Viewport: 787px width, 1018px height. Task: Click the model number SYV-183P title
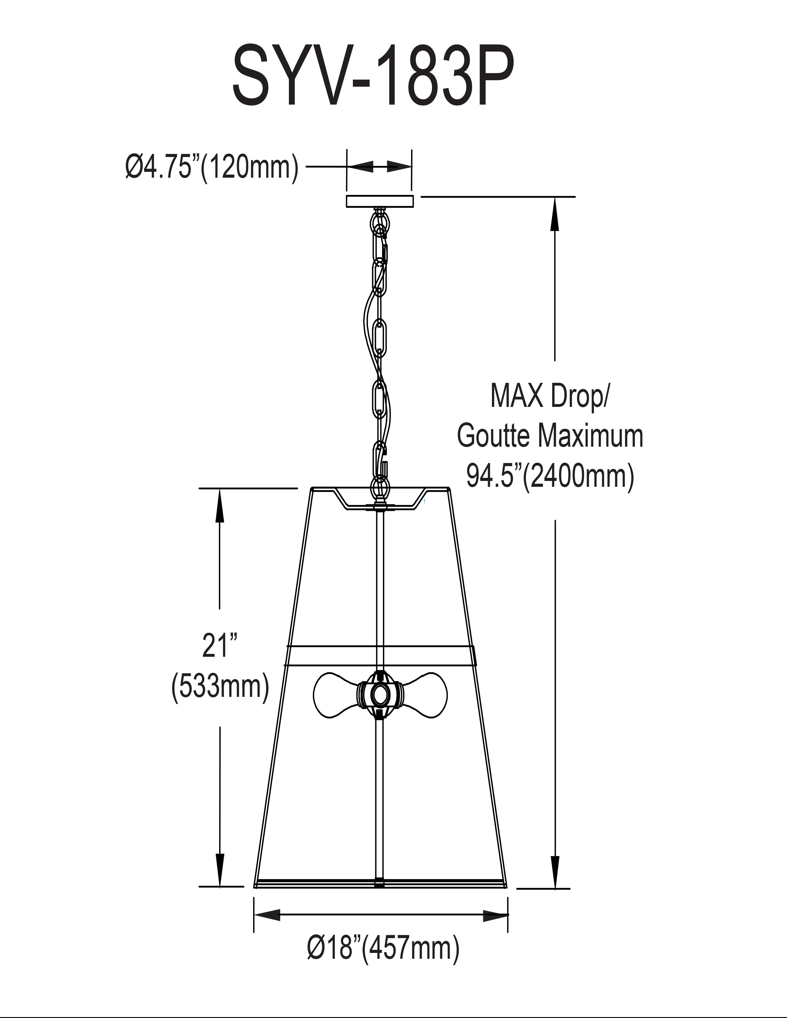[x=373, y=76]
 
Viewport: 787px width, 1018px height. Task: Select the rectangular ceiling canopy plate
[x=380, y=201]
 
